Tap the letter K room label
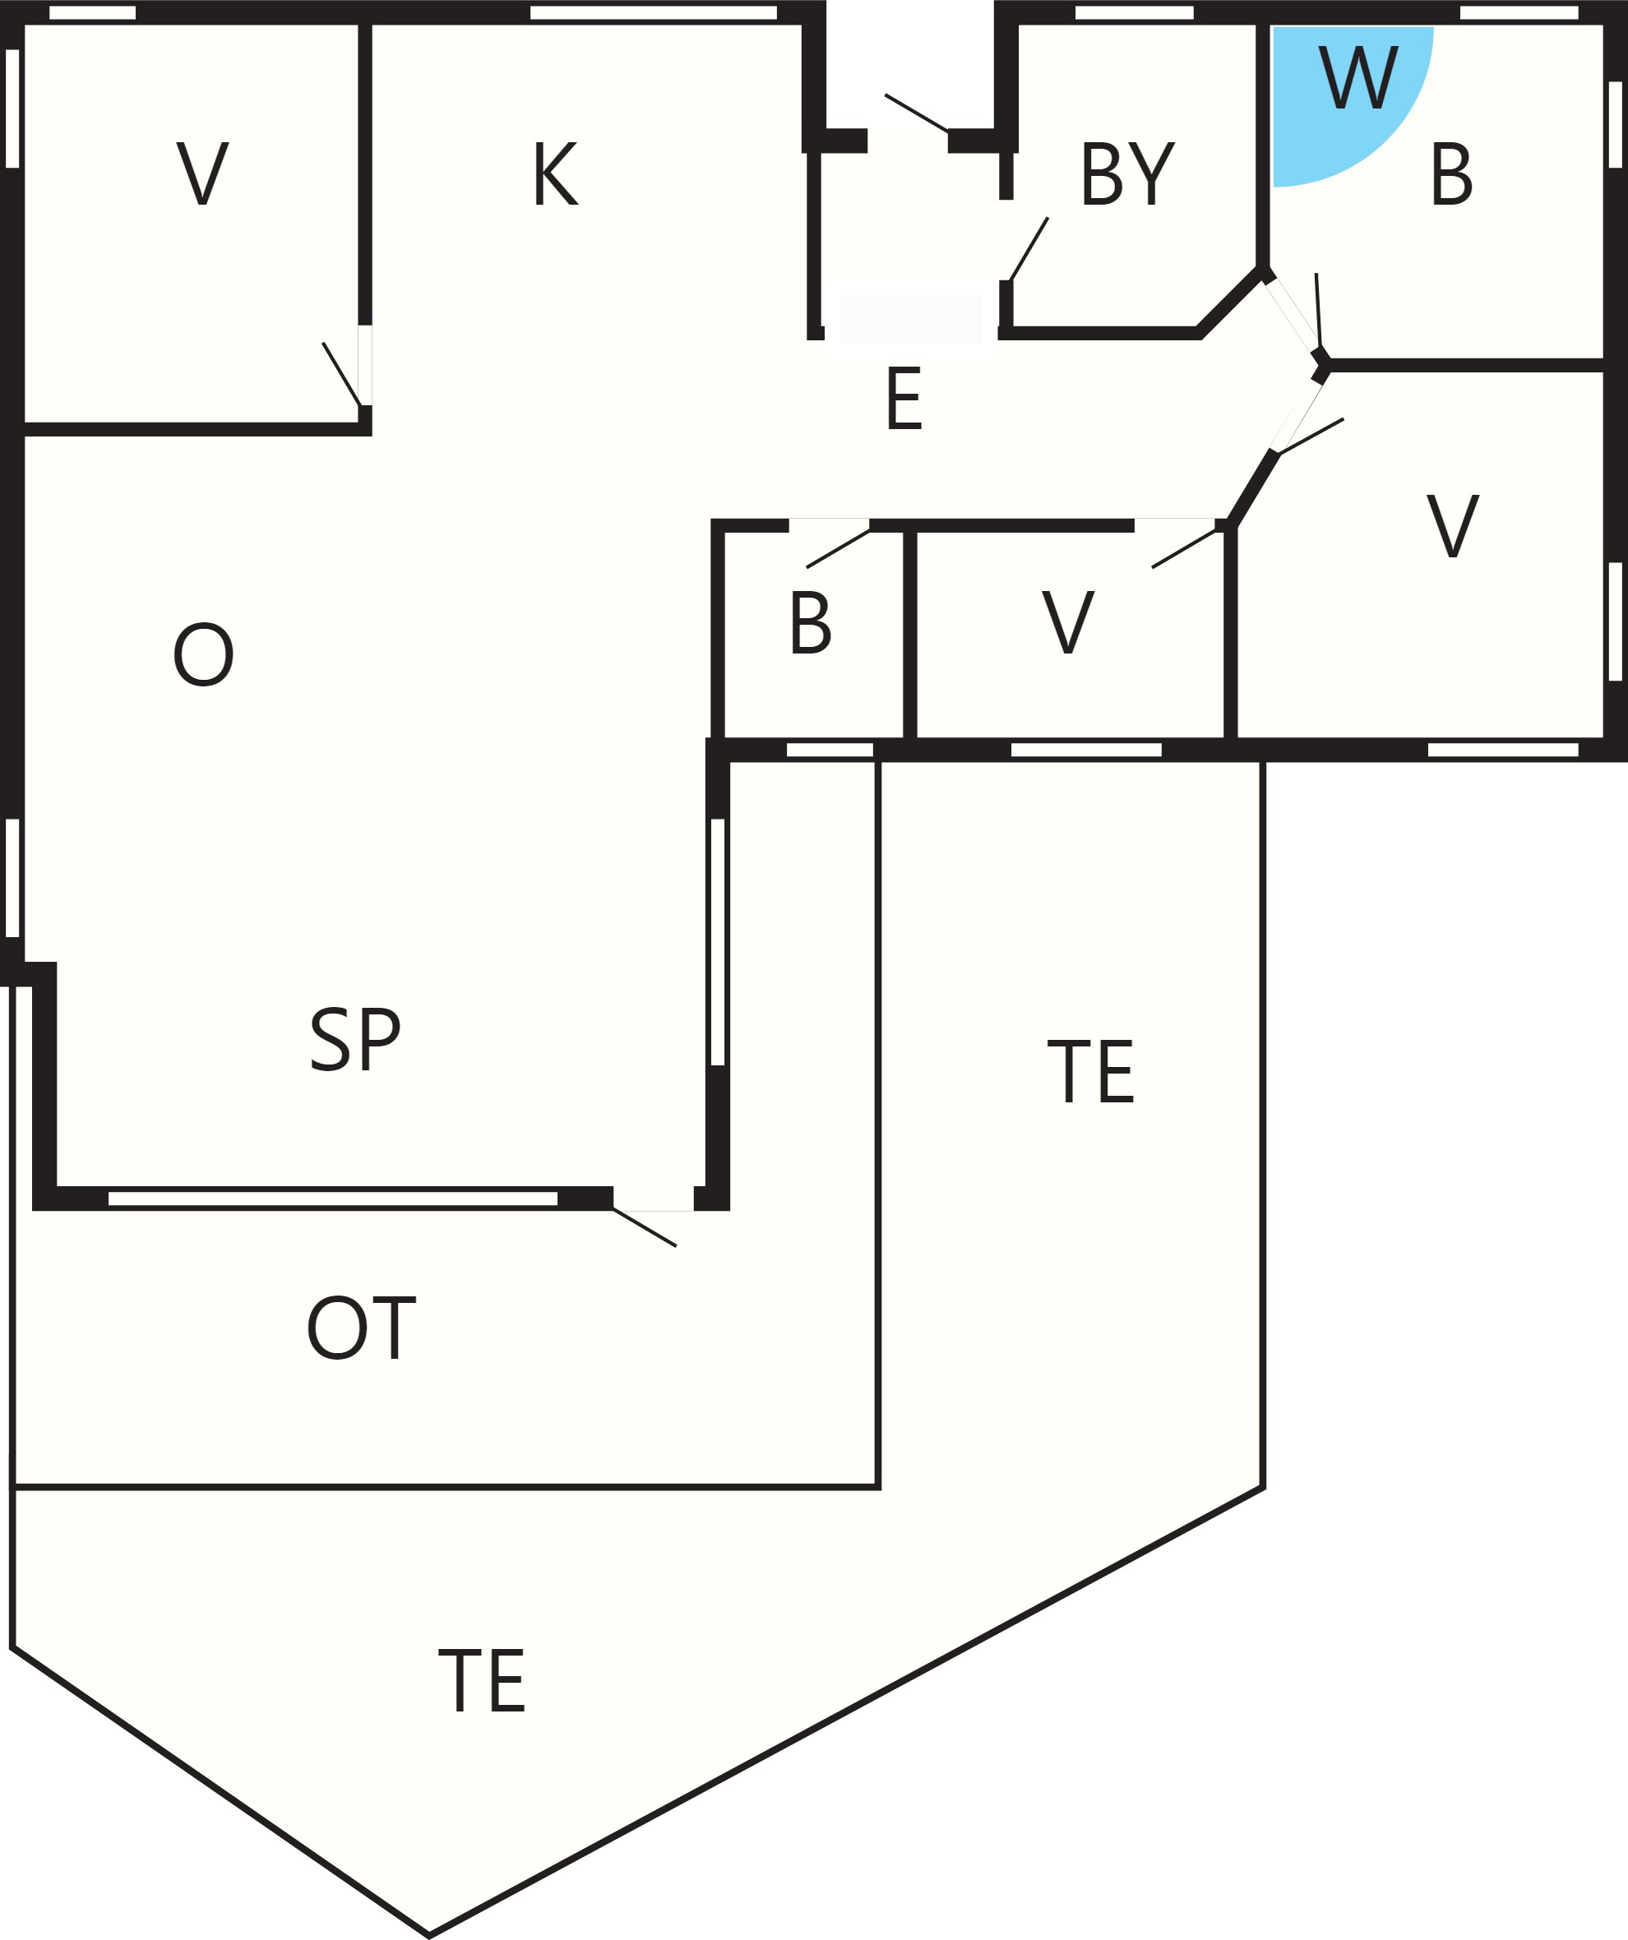click(x=555, y=173)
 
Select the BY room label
click(x=1127, y=173)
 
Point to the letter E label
click(x=904, y=398)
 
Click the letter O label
click(x=203, y=654)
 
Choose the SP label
click(x=355, y=1038)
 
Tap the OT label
click(x=361, y=1328)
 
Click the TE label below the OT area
click(x=481, y=1679)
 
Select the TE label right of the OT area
click(x=1090, y=1070)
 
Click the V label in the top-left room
click(x=202, y=173)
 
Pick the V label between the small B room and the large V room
click(x=1068, y=621)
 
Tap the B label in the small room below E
click(x=811, y=622)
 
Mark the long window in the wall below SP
click(x=333, y=1199)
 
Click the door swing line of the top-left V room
click(x=341, y=374)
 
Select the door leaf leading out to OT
click(x=645, y=1228)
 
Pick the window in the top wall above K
click(x=653, y=12)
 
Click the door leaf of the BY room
click(x=1029, y=248)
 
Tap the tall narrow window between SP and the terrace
click(x=718, y=941)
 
